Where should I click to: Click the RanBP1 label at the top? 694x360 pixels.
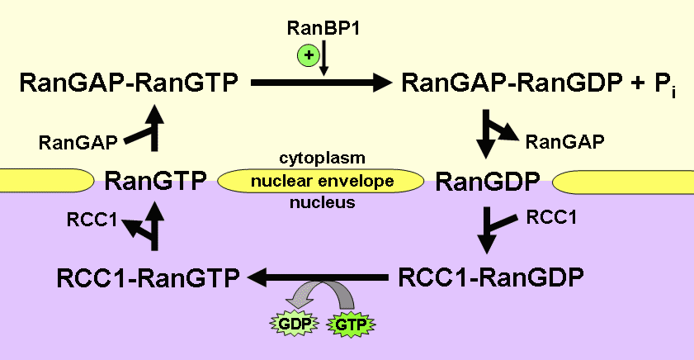click(x=323, y=30)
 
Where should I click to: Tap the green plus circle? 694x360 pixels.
click(x=306, y=56)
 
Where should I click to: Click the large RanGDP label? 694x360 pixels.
click(x=488, y=181)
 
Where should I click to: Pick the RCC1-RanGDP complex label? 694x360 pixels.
click(x=491, y=276)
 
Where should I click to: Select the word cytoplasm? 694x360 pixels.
click(x=323, y=157)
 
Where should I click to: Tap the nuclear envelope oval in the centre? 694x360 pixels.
click(x=323, y=180)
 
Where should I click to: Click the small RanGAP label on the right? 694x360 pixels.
click(x=565, y=141)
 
